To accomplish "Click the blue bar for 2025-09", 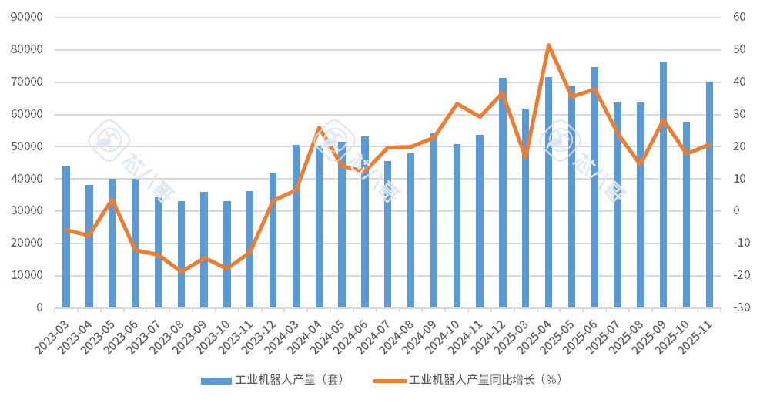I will tap(663, 185).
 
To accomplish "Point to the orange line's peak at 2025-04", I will tap(548, 45).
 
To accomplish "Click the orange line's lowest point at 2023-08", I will tap(181, 271).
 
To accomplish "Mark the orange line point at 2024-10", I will tap(457, 103).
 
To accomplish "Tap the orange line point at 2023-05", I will tap(112, 199).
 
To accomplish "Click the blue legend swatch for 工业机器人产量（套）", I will tap(216, 381).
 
